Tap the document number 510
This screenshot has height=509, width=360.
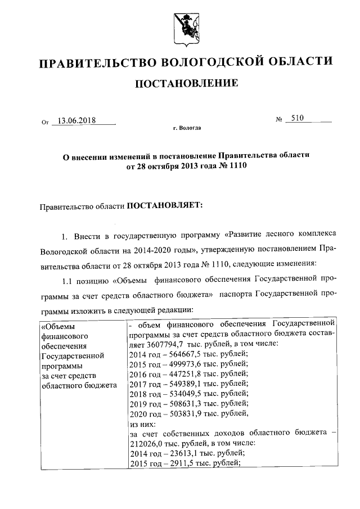coord(294,119)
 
